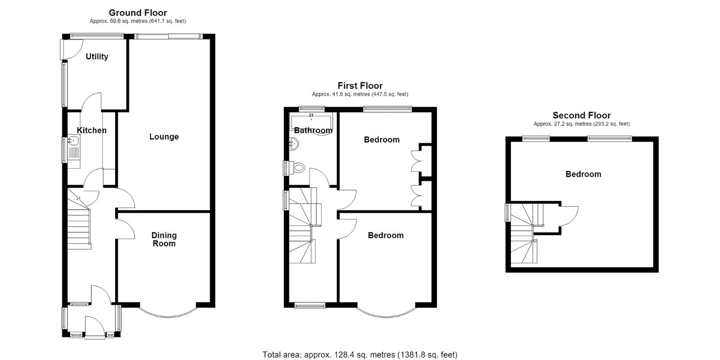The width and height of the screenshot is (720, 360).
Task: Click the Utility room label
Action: pos(97,57)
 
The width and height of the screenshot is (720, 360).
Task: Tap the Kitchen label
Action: pos(92,130)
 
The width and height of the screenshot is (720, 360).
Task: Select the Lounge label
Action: pos(164,137)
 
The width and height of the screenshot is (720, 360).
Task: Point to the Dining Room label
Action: pos(164,239)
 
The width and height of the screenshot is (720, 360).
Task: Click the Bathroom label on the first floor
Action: pos(313,130)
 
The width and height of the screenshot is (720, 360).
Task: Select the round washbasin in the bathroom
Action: pos(294,144)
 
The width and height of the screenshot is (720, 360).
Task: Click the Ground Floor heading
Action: pos(138,13)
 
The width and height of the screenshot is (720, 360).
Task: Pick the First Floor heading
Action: pos(360,86)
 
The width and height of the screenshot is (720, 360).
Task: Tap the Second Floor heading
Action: pos(582,115)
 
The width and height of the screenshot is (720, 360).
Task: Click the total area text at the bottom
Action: pos(360,355)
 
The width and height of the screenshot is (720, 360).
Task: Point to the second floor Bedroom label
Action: pos(583,174)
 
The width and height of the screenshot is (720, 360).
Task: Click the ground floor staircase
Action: pos(79,219)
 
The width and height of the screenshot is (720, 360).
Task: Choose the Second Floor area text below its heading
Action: pos(582,124)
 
